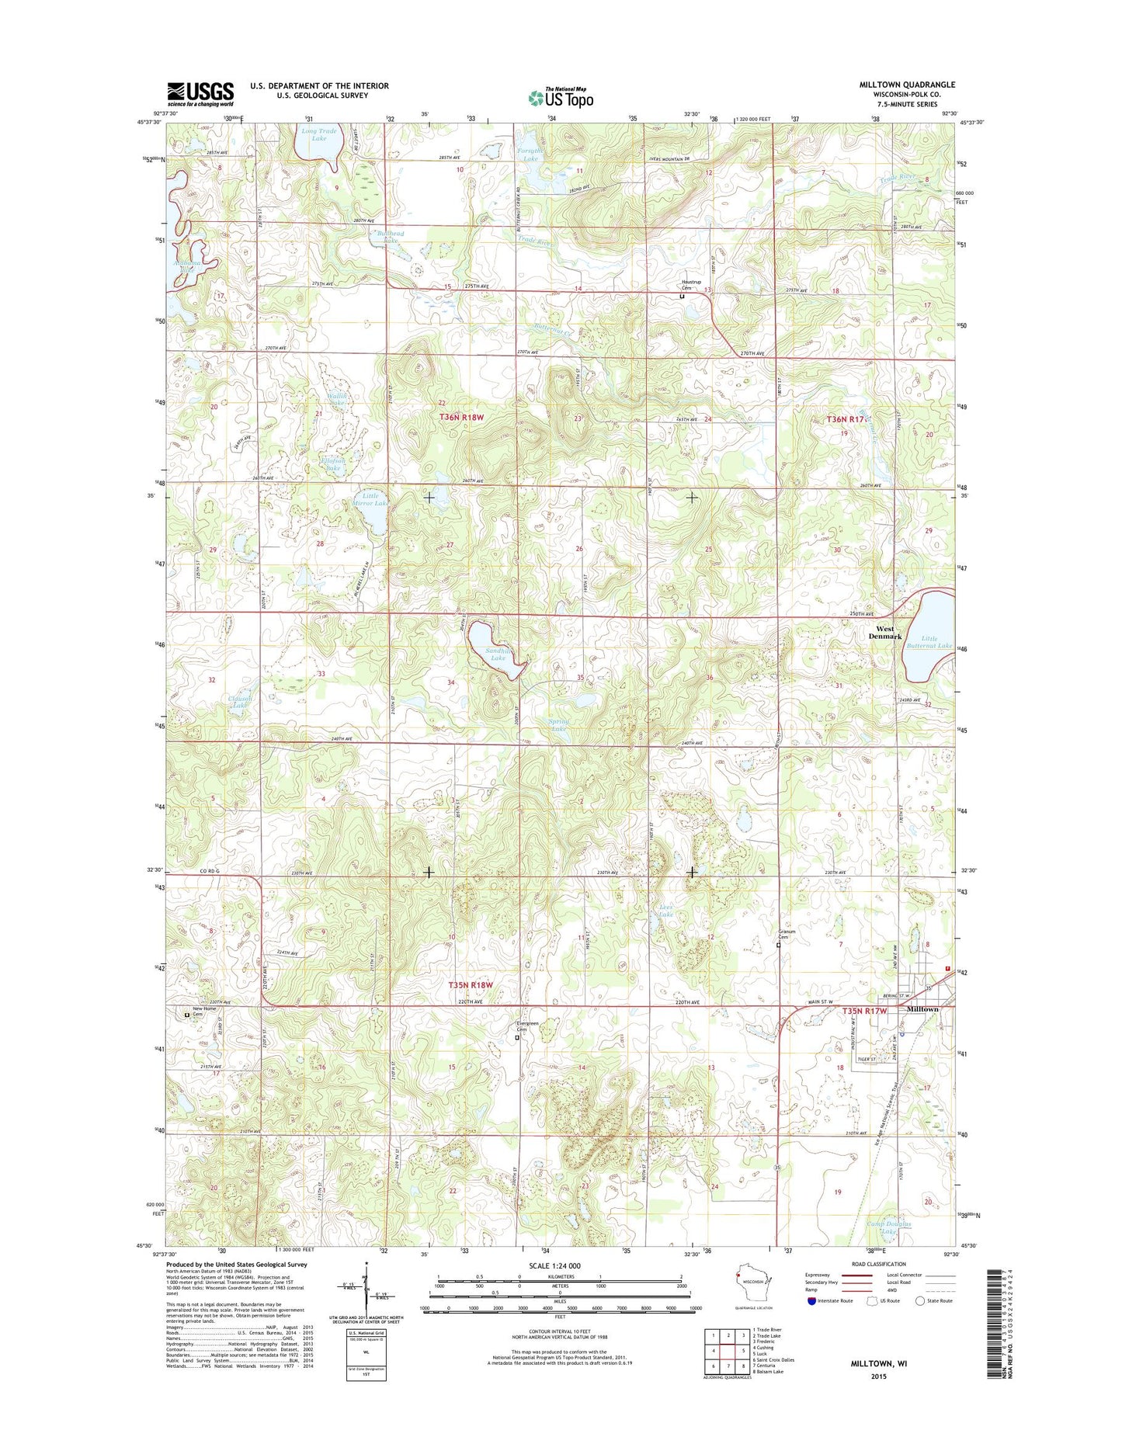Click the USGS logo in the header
[200, 94]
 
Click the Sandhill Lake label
[496, 654]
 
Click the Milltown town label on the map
[922, 1009]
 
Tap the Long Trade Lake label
[319, 135]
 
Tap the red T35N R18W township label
[471, 984]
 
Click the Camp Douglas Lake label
[888, 1249]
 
